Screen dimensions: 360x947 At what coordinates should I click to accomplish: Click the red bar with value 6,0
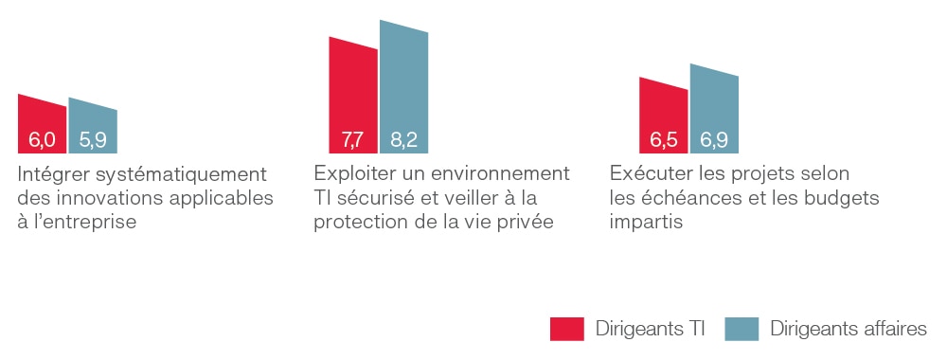click(x=42, y=126)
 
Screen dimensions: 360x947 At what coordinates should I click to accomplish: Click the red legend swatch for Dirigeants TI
click(x=566, y=329)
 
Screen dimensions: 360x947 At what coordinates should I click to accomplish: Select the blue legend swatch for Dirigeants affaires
click(x=742, y=329)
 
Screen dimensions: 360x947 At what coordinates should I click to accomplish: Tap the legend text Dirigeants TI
click(x=651, y=329)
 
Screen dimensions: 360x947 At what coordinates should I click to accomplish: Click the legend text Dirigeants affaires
click(x=848, y=329)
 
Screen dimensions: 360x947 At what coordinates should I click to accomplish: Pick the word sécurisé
click(x=374, y=199)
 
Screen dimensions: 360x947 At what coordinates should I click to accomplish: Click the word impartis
click(x=647, y=223)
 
